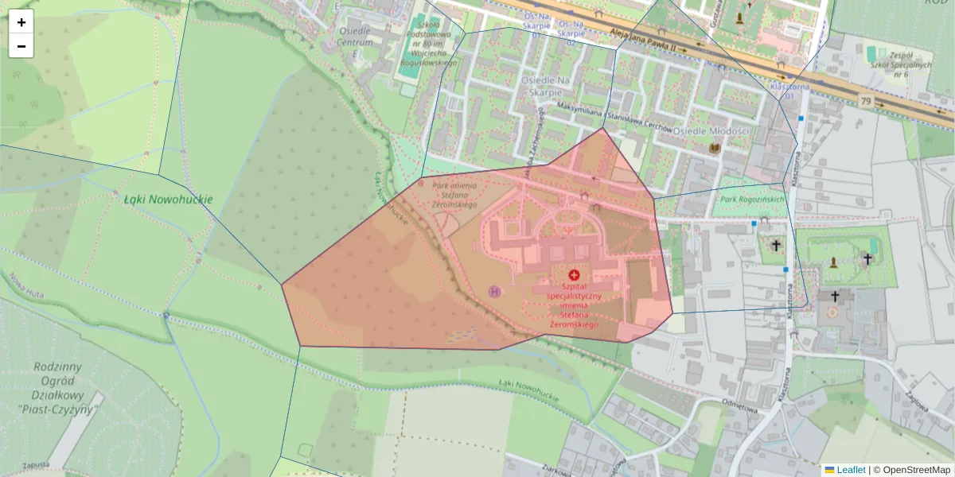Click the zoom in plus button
tap(21, 22)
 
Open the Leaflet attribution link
tap(850, 470)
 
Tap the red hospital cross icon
tap(574, 274)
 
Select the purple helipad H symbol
tap(495, 292)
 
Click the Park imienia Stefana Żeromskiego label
tap(454, 195)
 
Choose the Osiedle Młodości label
tap(711, 130)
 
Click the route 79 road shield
tap(866, 101)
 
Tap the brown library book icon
tap(714, 148)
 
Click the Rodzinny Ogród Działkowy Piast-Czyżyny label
tap(55, 388)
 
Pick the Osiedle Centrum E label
tap(355, 37)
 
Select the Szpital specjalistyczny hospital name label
tap(573, 303)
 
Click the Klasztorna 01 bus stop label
tap(786, 90)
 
